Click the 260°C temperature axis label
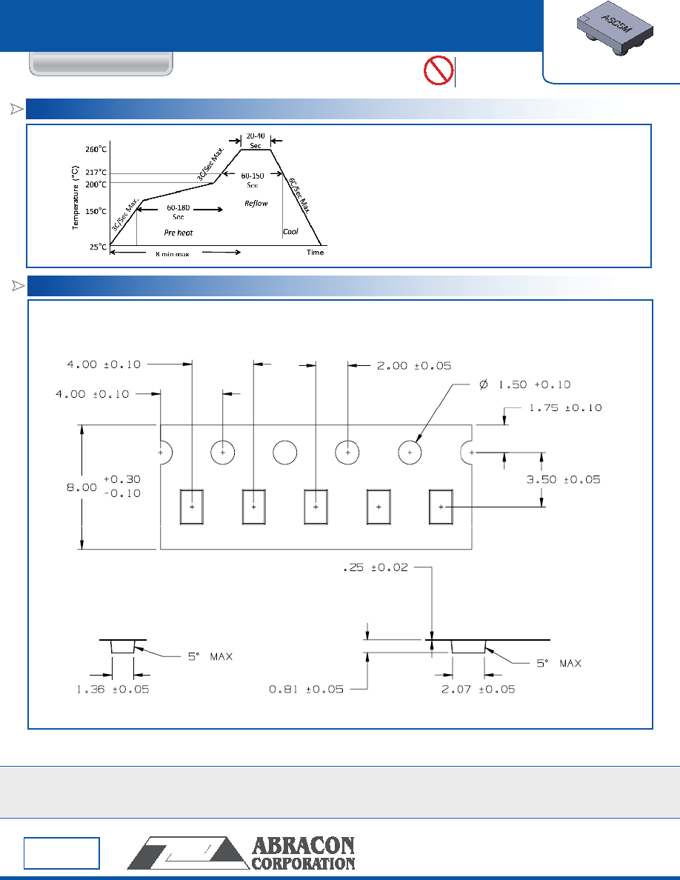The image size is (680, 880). [96, 150]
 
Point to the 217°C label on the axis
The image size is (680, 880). [96, 173]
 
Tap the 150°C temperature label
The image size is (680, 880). [96, 212]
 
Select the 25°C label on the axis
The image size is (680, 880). [99, 247]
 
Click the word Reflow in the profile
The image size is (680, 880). [256, 203]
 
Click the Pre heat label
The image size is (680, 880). [179, 233]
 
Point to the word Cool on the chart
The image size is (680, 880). [290, 231]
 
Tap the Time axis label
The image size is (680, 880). [316, 253]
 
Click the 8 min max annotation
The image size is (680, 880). [173, 254]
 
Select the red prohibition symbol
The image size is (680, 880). [439, 70]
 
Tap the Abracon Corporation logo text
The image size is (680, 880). [303, 853]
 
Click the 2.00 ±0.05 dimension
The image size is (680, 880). [414, 366]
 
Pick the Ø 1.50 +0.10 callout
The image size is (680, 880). [525, 385]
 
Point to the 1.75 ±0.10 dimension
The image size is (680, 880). [565, 408]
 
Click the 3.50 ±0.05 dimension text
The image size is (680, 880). [563, 480]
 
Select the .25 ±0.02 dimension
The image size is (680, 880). [376, 568]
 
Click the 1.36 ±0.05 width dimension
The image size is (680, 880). [113, 690]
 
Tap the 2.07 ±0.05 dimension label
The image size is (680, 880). [478, 690]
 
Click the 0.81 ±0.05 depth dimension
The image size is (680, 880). [307, 690]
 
